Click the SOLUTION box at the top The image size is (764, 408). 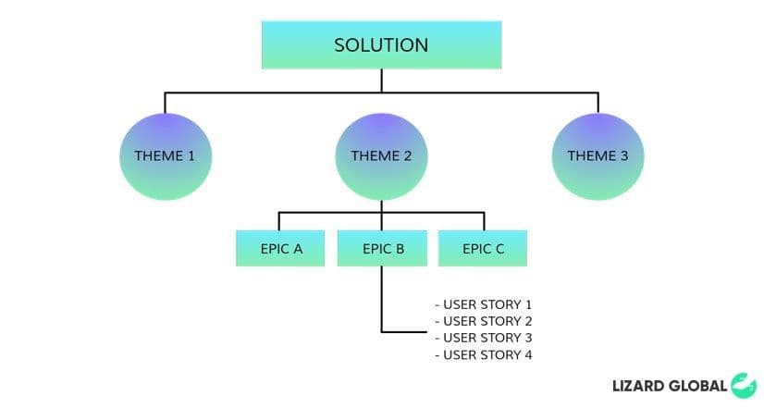pos(381,44)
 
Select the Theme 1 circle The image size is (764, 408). pos(165,155)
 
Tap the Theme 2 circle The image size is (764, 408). pos(381,155)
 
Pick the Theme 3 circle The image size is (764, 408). pos(598,155)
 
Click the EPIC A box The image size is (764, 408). pos(280,248)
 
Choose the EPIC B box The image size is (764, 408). pos(382,248)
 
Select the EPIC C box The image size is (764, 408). pos(483,248)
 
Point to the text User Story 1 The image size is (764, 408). pos(484,304)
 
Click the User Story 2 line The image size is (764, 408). pos(484,321)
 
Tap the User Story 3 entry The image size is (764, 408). pos(484,338)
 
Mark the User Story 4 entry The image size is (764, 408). pos(484,355)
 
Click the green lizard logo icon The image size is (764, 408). pos(743,385)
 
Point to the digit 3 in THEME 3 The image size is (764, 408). pos(624,155)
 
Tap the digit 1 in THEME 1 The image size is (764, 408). pos(191,155)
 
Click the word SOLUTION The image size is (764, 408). pos(381,44)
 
